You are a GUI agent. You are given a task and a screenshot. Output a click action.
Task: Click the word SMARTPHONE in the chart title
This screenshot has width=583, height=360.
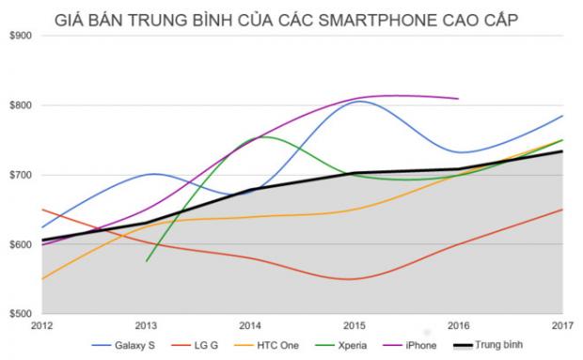[377, 20]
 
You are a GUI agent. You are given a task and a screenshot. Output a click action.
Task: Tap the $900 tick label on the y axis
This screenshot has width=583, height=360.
[21, 36]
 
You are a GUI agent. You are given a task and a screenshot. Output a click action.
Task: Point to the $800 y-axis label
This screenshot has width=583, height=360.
[21, 105]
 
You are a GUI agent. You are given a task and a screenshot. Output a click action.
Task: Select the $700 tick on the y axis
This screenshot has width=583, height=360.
[21, 175]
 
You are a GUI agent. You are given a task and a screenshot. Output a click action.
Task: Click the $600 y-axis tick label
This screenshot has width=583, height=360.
[21, 244]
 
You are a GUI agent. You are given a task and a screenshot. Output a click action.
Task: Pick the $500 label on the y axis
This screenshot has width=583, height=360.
[21, 314]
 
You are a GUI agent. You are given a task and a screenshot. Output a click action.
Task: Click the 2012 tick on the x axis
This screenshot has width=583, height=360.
[42, 326]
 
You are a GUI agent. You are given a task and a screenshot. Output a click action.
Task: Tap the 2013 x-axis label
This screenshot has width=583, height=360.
[146, 326]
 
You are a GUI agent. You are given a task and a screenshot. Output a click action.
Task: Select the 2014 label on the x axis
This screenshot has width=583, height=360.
[250, 326]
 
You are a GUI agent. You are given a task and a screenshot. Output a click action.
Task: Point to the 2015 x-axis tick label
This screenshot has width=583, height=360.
[355, 326]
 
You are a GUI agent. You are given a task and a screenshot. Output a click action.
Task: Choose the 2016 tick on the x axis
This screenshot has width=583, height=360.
[459, 326]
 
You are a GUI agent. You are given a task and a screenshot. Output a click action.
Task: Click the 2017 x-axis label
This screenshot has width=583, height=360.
[563, 326]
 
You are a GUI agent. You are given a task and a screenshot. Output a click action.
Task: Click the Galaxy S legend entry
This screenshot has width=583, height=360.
[123, 346]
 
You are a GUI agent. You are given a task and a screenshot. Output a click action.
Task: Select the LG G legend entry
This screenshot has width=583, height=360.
[195, 346]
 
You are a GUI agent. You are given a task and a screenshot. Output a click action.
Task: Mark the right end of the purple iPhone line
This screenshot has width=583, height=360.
[459, 99]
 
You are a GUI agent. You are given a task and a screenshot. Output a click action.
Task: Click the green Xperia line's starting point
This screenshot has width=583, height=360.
[147, 261]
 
